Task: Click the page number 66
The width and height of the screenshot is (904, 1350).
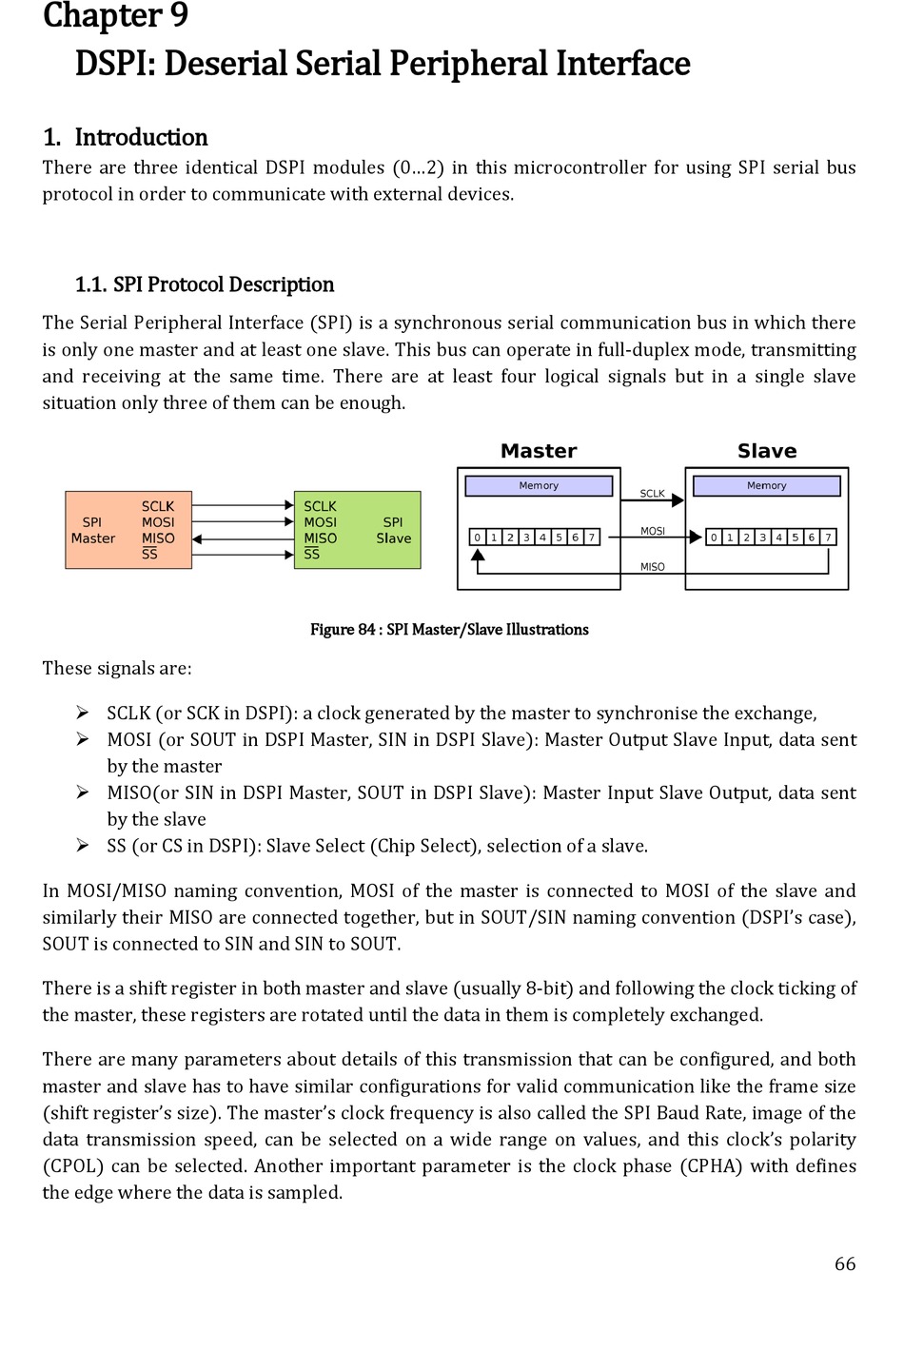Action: click(x=845, y=1263)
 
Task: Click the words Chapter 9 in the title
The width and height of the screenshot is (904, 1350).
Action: click(x=115, y=16)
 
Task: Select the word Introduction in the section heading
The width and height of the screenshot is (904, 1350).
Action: click(x=141, y=137)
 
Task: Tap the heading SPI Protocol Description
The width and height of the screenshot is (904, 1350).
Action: click(x=223, y=284)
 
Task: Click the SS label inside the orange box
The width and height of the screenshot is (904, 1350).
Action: click(x=149, y=554)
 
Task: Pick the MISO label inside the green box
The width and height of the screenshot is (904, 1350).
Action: click(x=320, y=538)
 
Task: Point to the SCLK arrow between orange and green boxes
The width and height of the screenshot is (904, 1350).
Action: click(x=243, y=505)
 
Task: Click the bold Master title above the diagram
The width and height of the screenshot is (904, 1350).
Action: click(x=539, y=451)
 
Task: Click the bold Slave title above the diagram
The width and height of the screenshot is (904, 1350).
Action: click(x=767, y=451)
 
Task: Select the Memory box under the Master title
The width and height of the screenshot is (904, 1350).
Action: click(x=539, y=486)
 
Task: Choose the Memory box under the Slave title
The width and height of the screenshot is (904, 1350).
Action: click(x=767, y=486)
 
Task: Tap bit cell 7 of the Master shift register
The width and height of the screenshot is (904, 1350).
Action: click(x=591, y=538)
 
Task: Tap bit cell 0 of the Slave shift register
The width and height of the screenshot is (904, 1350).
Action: click(x=714, y=538)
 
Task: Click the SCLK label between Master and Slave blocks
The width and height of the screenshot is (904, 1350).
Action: click(x=653, y=494)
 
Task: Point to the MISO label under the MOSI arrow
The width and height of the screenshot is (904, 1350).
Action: click(x=653, y=567)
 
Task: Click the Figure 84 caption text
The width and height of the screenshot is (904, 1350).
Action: click(x=449, y=630)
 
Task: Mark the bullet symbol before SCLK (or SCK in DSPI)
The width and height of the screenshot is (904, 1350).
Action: click(x=83, y=713)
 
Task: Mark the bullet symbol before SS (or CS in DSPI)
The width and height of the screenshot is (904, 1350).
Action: click(x=83, y=845)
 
